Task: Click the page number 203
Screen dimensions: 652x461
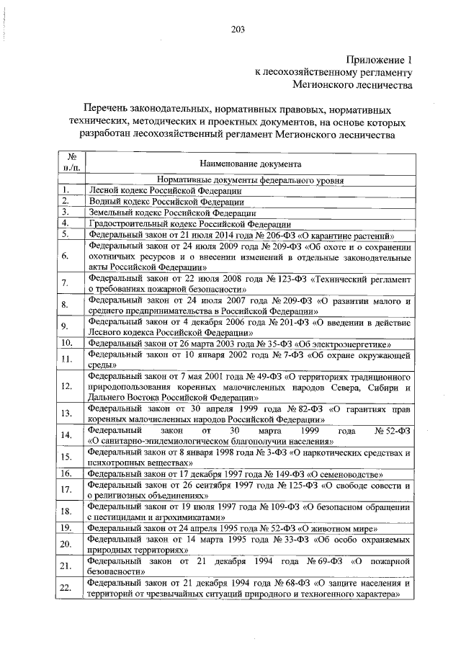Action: [x=238, y=30]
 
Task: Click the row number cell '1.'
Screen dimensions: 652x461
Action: [x=65, y=190]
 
